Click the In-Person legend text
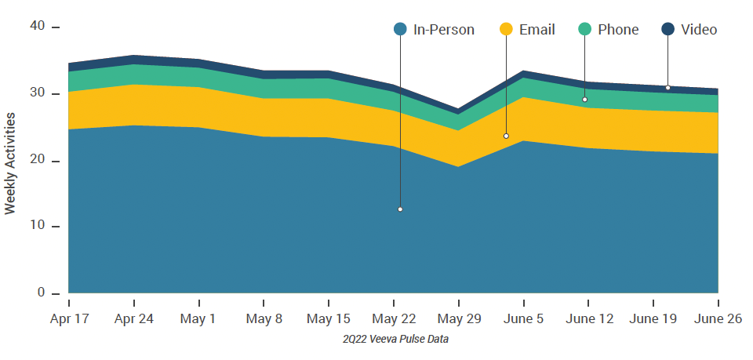pos(443,30)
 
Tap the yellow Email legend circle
pos(506,30)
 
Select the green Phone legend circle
pos(584,30)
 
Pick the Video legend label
pos(699,30)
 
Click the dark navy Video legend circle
pos(668,30)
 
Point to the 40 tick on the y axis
pos(37,27)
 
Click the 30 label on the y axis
pos(37,94)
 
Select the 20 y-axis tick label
pos(37,161)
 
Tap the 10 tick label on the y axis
pos(37,227)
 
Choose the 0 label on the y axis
pos(41,293)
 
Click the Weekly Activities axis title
pos(11,163)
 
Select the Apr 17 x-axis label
pos(69,319)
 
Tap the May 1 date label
pos(199,319)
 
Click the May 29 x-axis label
pos(459,319)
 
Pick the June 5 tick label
pos(523,319)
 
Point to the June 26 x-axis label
pos(718,319)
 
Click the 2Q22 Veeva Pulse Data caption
pos(395,340)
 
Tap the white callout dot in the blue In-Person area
pos(400,209)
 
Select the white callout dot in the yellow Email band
pos(506,136)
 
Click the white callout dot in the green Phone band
pos(584,100)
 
